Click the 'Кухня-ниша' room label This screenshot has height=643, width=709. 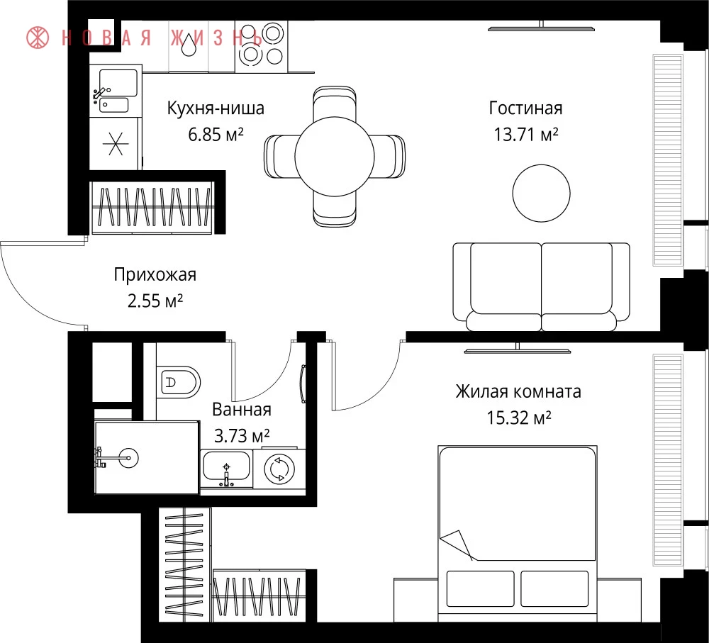coord(216,108)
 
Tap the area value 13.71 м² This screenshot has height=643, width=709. coord(525,135)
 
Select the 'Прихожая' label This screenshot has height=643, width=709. coord(155,274)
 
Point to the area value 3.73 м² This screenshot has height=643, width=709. coord(242,436)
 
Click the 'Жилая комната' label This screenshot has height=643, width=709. coord(518,391)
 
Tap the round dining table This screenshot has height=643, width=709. coord(335,157)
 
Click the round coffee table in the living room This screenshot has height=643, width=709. coord(541,194)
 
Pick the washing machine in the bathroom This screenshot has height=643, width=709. coord(279,469)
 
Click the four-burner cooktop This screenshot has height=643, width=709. coord(262,45)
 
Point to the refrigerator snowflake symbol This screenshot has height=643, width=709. coord(116,144)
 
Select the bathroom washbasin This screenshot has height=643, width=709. coord(226,467)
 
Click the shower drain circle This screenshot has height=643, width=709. coord(129,458)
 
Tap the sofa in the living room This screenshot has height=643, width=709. coord(541,286)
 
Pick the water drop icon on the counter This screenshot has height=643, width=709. coord(189,45)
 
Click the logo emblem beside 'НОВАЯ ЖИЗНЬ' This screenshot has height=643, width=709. coord(38,38)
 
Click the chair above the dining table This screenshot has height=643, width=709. coord(335,102)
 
